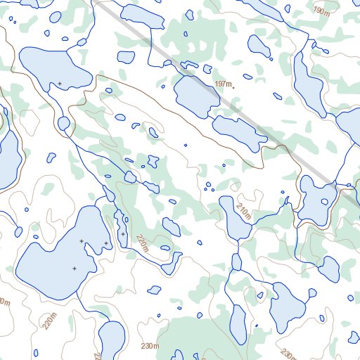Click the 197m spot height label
222,84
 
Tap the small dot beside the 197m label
233,86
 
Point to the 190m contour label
321,12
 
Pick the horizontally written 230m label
150,347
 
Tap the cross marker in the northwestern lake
60,84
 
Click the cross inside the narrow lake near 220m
122,233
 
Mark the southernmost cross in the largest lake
74,268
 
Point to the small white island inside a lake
324,202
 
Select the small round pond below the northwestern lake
63,124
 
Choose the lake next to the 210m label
233,217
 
